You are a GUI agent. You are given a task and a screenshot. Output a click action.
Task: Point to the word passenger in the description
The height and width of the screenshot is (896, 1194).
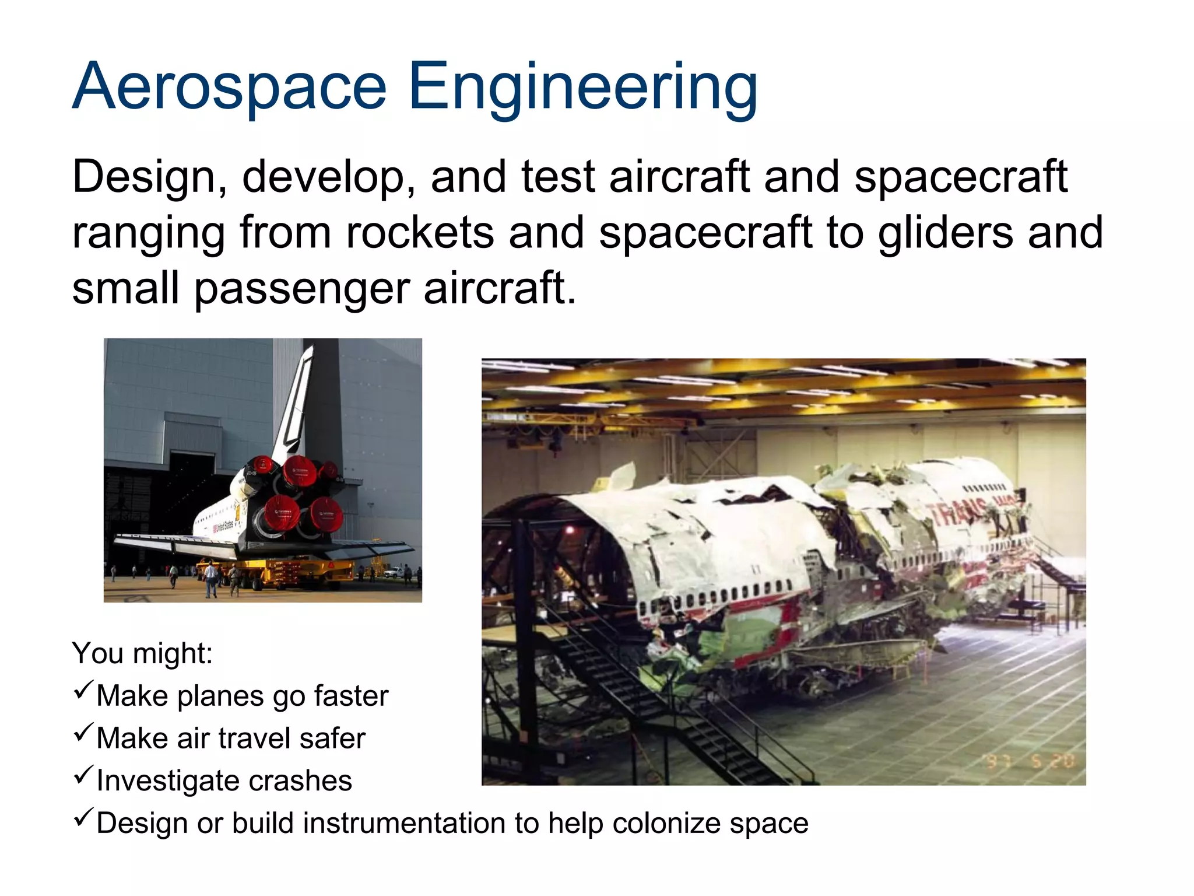tap(302, 289)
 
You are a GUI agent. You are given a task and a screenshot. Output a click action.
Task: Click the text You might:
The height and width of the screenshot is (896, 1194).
tap(142, 653)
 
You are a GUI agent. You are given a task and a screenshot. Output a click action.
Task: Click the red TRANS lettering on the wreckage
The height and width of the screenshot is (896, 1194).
tap(956, 513)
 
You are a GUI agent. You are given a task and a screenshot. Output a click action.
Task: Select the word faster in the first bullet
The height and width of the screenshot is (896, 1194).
tap(351, 696)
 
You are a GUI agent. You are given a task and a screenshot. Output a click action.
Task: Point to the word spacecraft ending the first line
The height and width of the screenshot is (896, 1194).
tap(961, 177)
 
